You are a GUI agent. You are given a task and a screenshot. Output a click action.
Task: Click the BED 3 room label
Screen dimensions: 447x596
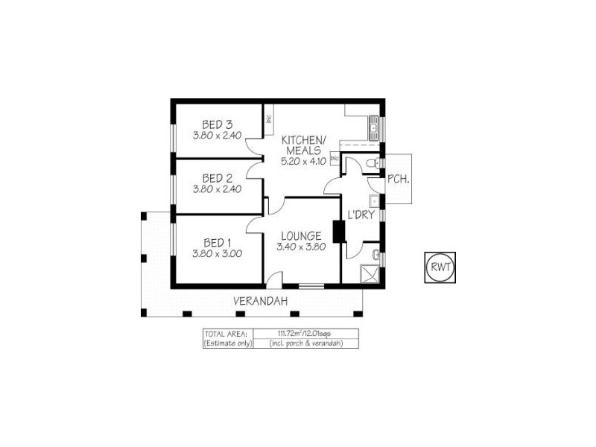coord(218,124)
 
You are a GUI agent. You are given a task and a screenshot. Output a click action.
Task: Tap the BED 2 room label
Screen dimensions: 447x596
coord(218,178)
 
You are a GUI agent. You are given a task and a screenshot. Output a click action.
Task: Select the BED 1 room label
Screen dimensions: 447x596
coord(218,242)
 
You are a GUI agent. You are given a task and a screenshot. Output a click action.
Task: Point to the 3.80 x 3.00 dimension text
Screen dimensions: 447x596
coord(218,253)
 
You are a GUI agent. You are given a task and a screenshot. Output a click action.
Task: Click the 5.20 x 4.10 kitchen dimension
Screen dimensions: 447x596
coord(302,162)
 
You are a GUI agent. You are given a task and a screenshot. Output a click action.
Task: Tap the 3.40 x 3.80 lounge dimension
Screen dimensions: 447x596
coord(300,247)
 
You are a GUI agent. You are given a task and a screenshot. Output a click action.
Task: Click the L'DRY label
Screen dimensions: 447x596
coord(360,216)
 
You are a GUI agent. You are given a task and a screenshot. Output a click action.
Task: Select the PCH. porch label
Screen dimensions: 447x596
coord(396,179)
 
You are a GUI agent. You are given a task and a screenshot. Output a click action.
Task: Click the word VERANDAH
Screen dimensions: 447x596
coord(260,301)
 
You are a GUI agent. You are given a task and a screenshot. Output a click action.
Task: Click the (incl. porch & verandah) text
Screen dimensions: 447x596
coord(305,343)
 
